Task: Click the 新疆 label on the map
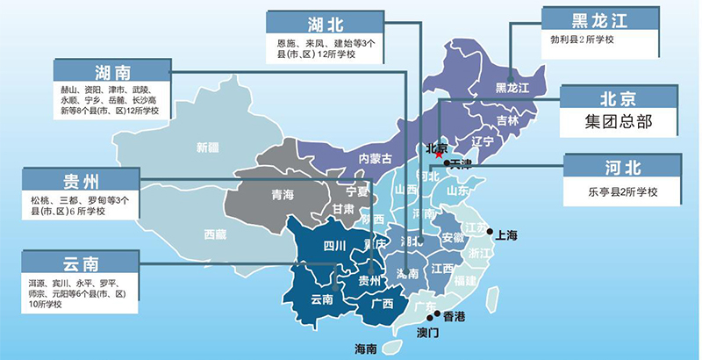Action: (208, 147)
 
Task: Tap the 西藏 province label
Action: (215, 234)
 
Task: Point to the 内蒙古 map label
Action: (376, 158)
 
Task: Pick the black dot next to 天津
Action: (448, 163)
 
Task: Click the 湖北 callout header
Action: (313, 24)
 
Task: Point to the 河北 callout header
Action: (622, 166)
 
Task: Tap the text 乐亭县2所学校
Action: (622, 192)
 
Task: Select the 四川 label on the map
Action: (334, 244)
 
